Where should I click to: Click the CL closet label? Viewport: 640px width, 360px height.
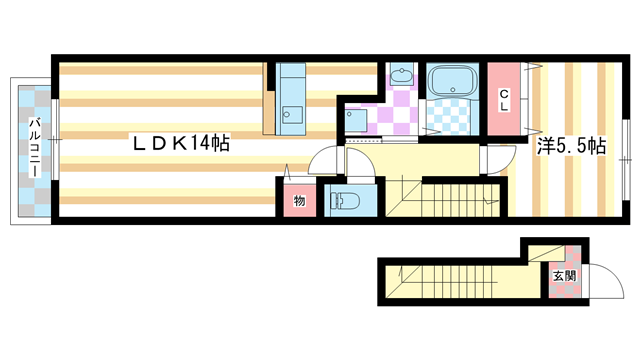pos(504,101)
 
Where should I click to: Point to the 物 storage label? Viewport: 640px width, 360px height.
pos(299,200)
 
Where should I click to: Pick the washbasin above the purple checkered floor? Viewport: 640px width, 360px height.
pos(400,77)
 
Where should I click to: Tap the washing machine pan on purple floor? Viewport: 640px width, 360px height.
pos(357,119)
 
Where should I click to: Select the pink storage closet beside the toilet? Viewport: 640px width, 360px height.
pos(299,198)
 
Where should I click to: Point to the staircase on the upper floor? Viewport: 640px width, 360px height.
pos(440,196)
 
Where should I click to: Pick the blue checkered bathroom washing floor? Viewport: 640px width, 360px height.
pos(447,119)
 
